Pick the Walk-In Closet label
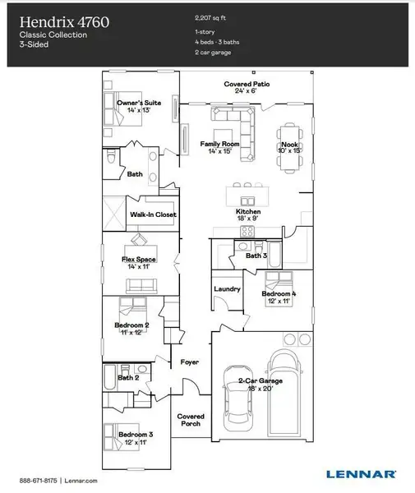(153, 214)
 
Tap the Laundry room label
(227, 288)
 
